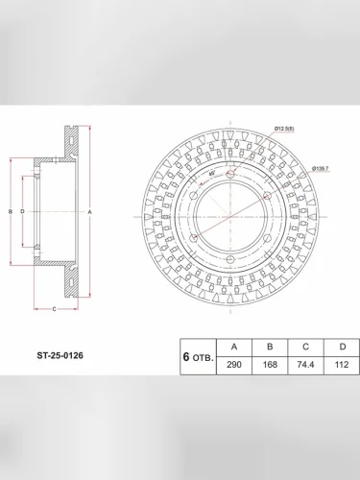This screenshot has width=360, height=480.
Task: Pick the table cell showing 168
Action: [x=271, y=365]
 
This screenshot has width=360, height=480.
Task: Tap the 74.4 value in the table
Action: [x=306, y=365]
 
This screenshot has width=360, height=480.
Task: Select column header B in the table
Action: [x=271, y=347]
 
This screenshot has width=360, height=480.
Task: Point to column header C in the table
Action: [x=306, y=347]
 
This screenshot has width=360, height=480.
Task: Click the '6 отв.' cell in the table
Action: [x=198, y=355]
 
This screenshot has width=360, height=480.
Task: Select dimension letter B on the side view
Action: [x=9, y=210]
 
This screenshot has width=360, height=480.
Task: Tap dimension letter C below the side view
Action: [x=55, y=309]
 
